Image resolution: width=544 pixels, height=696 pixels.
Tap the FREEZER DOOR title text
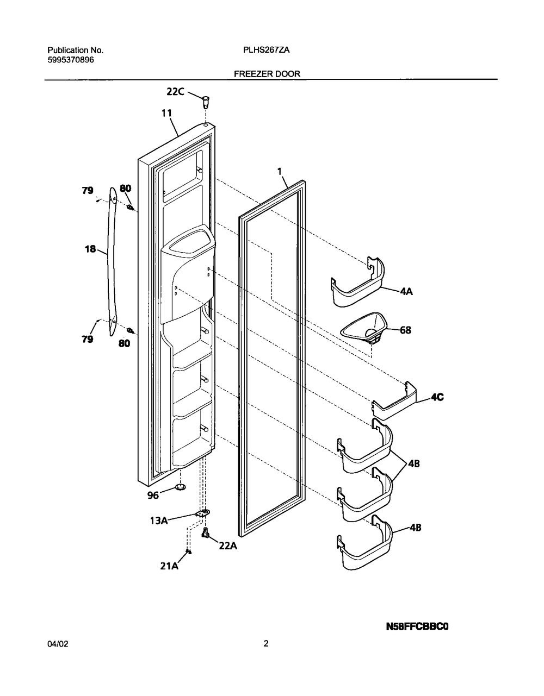point(267,74)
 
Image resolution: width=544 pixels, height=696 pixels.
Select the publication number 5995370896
point(71,60)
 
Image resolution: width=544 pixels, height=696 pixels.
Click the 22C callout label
point(175,92)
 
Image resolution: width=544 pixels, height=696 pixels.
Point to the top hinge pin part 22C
point(206,102)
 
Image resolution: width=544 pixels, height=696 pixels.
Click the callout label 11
point(166,114)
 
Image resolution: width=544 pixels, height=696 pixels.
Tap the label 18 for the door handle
point(90,249)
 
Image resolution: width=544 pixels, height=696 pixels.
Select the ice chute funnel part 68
point(364,329)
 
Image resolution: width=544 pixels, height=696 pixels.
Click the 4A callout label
point(406,291)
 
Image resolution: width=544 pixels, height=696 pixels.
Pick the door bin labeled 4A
point(357,282)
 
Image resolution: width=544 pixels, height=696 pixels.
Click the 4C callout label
point(437,397)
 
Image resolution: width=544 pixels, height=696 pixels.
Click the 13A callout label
point(159,521)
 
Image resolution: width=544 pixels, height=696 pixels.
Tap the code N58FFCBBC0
point(417,626)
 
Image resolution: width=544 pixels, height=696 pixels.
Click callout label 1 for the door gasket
point(280,172)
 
